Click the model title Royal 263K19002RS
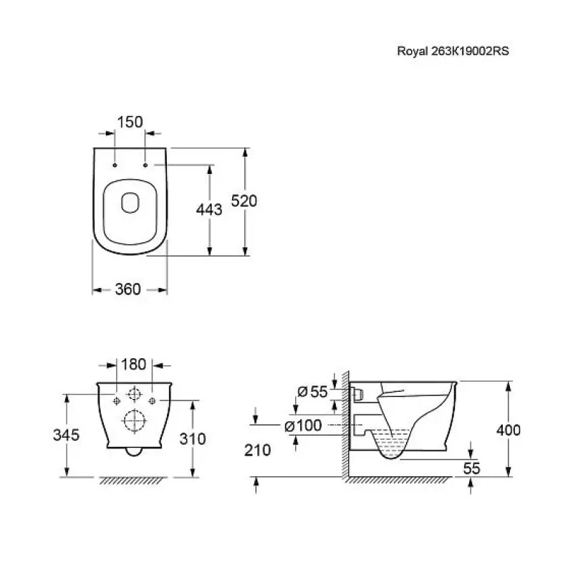click(453, 51)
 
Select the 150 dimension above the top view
click(130, 122)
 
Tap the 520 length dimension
click(244, 201)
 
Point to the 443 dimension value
click(209, 210)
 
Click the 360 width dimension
click(128, 289)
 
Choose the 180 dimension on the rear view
click(133, 365)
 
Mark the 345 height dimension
click(66, 435)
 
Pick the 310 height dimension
click(193, 439)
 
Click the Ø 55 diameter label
click(312, 392)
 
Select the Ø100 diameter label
click(303, 425)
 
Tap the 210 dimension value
click(258, 451)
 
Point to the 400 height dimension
click(509, 430)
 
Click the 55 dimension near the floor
click(471, 468)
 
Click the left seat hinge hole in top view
click(115, 165)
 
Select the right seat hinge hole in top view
click(145, 165)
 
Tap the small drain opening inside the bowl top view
click(130, 203)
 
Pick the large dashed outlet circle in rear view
click(135, 420)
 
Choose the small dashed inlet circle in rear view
click(134, 394)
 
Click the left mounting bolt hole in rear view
click(117, 401)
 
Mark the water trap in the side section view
click(390, 443)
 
